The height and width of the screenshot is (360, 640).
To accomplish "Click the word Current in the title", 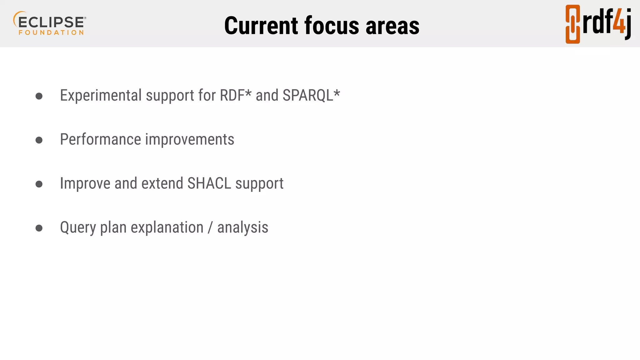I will (261, 26).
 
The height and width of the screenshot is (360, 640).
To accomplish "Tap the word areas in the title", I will (392, 26).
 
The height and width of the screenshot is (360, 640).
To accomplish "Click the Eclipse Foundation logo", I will (50, 23).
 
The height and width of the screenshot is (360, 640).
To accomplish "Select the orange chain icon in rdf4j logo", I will (572, 24).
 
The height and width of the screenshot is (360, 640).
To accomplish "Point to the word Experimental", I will (101, 95).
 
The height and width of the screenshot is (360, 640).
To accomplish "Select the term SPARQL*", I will (311, 95).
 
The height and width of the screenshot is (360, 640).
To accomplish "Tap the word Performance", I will (100, 139).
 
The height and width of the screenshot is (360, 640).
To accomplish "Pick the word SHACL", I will (209, 183).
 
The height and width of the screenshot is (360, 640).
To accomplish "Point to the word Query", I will (78, 228).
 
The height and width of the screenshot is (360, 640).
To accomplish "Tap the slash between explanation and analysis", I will (210, 228).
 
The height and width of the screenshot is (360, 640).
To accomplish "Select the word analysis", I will (243, 228).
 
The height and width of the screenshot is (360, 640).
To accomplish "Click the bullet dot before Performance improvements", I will (39, 140).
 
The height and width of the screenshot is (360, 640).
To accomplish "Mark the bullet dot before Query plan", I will (39, 228).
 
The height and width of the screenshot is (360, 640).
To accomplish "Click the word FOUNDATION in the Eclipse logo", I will (51, 32).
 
